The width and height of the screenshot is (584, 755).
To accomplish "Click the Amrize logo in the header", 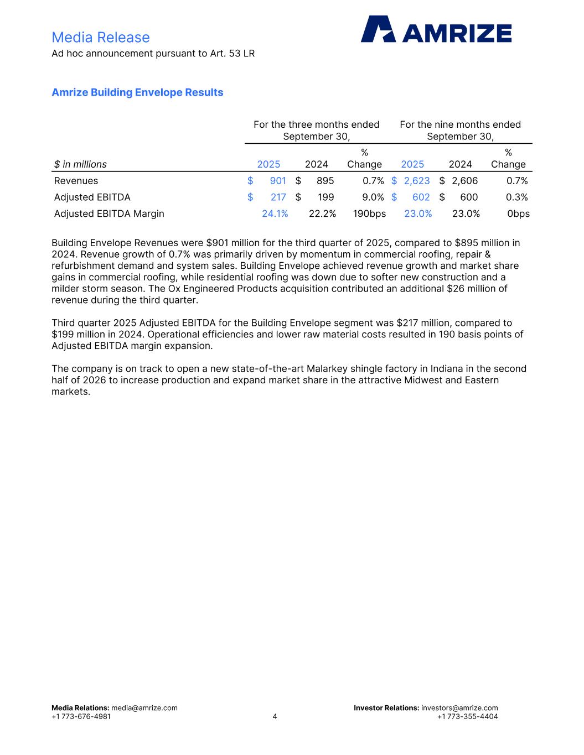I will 436,29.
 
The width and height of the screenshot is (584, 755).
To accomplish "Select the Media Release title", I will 101,37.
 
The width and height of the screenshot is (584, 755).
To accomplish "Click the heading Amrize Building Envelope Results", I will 137,92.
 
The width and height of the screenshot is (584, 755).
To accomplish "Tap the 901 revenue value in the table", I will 278,181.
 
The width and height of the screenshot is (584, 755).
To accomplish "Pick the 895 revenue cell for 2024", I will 325,181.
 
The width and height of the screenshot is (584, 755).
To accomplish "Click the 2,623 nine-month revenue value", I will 417,181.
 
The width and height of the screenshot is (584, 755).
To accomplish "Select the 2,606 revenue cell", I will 464,181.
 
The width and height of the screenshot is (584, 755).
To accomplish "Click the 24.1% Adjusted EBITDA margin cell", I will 275,214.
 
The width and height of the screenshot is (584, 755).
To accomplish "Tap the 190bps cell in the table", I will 369,214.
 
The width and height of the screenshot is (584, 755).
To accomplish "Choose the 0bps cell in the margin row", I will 518,214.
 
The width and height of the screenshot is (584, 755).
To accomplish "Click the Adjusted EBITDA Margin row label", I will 109,214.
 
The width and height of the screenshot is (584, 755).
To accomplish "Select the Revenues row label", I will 76,181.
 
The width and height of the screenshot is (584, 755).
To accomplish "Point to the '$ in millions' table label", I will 80,164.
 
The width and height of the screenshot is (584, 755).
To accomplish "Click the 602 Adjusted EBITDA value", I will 421,197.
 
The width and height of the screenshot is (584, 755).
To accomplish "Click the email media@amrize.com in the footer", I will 144,708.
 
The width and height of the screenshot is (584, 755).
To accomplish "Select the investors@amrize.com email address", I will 459,708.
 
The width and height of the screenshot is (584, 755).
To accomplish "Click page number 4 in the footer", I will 275,717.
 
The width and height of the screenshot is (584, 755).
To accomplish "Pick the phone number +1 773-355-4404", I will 467,717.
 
